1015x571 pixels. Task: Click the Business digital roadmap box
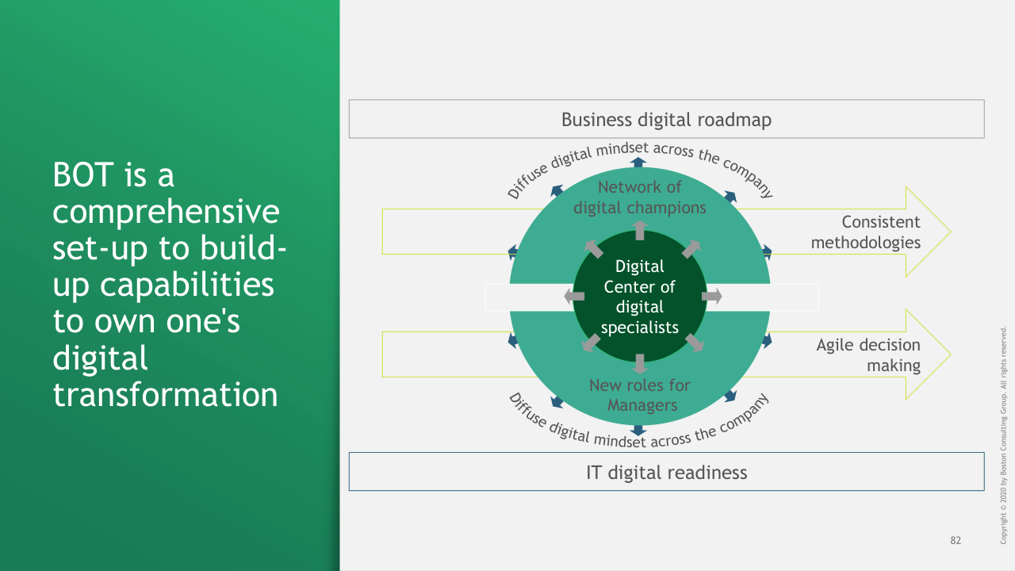coord(666,119)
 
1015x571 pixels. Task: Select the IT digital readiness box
coord(666,472)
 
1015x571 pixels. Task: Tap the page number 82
coord(956,541)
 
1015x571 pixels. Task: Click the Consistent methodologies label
coord(865,232)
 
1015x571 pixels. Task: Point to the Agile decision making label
coord(868,355)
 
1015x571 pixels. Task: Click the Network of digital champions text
coord(639,197)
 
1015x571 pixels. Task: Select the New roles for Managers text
coord(639,395)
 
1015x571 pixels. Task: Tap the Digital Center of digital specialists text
coord(639,297)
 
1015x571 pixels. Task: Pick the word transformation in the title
coord(165,394)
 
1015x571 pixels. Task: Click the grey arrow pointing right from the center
coord(712,297)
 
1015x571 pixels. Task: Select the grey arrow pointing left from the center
coord(573,297)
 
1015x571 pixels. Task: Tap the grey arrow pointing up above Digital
coord(640,231)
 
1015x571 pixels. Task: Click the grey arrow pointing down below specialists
coord(640,363)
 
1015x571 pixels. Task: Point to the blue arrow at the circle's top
coord(639,162)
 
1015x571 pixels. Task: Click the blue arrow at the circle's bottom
coord(639,430)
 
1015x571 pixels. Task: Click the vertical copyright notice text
coord(1003,435)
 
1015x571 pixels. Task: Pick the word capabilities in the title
coord(163,285)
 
